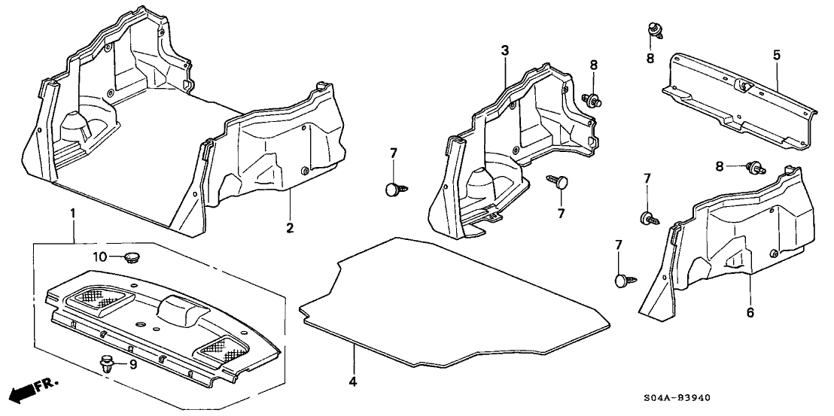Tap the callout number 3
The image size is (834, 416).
[x=506, y=50]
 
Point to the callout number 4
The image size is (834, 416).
[x=352, y=381]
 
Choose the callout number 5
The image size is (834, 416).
[x=776, y=54]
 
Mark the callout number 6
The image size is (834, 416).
[x=750, y=311]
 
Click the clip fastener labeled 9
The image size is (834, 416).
[x=107, y=366]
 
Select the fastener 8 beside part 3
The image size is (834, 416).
[x=594, y=99]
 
